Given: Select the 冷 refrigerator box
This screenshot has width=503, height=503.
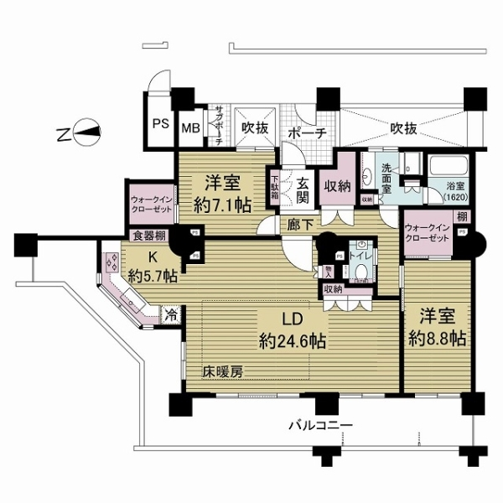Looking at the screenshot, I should (171, 316).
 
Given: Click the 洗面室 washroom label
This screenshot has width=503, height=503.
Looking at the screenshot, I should (386, 179).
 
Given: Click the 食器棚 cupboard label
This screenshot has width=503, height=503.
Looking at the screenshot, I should (148, 236).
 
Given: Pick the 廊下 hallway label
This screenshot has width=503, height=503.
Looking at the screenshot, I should (291, 226).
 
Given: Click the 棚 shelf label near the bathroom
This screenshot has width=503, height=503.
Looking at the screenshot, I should (463, 217).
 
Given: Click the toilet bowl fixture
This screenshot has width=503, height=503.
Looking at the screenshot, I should (359, 271).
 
